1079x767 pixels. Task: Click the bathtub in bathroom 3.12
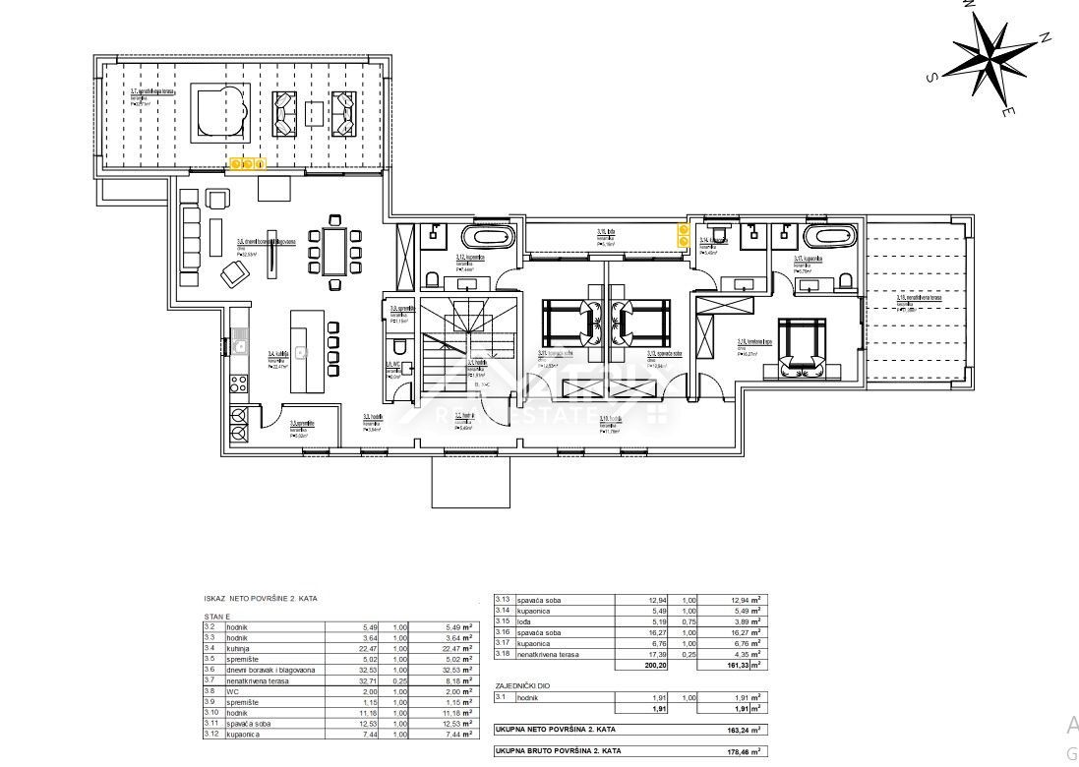tap(488, 238)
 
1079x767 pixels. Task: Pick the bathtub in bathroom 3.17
tap(829, 237)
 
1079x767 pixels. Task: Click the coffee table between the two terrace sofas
tap(314, 113)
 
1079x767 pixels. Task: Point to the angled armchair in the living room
tap(234, 276)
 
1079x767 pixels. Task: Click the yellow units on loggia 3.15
tap(683, 235)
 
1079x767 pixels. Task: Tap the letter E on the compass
tap(1008, 113)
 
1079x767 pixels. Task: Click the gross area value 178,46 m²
tap(741, 750)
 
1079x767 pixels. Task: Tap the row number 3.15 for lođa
tap(503, 620)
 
